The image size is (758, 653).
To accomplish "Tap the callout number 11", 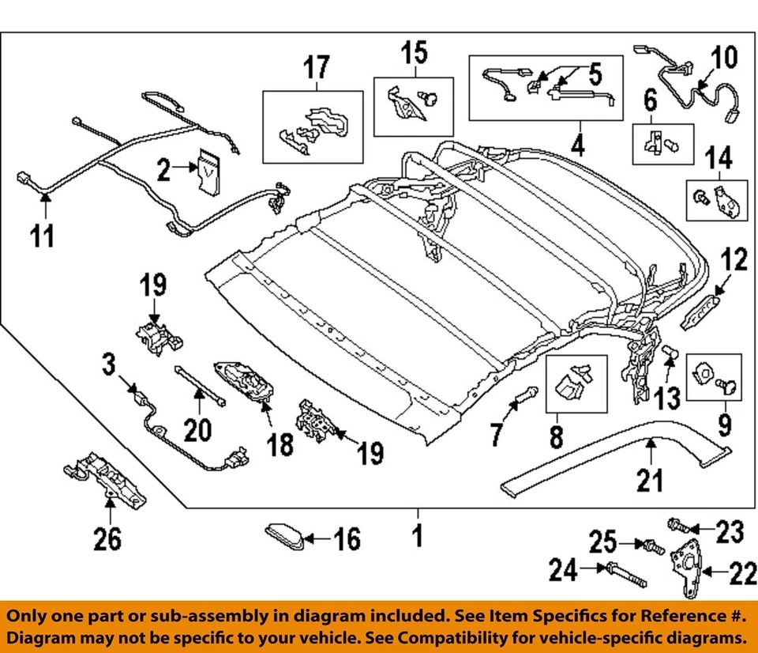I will [43, 235].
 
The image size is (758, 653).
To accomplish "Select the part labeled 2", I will [208, 170].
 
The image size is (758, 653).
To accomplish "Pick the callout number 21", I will [650, 480].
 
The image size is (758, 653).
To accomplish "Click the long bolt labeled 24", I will [625, 575].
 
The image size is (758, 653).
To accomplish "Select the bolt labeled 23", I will [680, 524].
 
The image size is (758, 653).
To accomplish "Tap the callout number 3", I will [108, 364].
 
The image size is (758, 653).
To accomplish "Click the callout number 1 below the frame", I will [417, 536].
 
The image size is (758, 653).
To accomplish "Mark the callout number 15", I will [415, 54].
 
